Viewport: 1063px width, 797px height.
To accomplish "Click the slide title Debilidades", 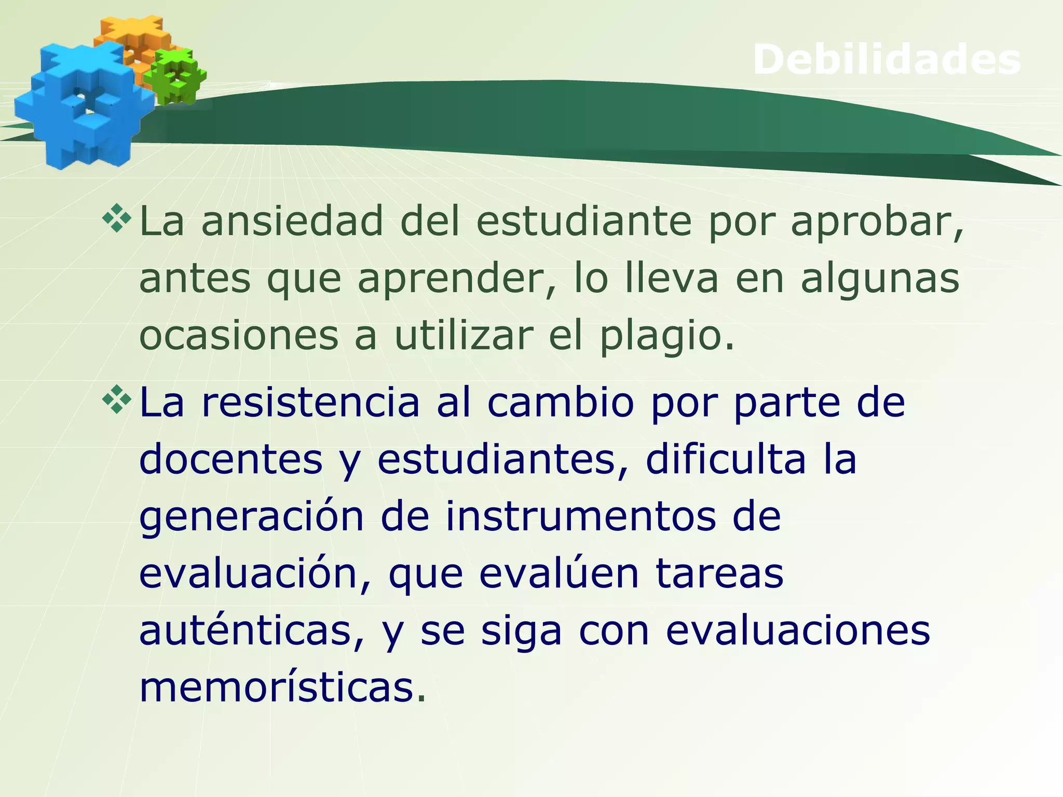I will [x=887, y=60].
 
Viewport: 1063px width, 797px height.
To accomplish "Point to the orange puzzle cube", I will [x=132, y=39].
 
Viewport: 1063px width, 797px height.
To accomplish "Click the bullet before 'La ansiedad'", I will [x=117, y=218].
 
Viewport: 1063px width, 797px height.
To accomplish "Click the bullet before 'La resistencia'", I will [x=117, y=399].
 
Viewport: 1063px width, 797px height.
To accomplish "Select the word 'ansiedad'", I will [x=292, y=222].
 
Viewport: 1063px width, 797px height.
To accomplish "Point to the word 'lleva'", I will [x=672, y=278].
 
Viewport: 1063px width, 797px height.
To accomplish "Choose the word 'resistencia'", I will [x=310, y=403].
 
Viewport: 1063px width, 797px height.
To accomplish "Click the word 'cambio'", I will [x=561, y=403].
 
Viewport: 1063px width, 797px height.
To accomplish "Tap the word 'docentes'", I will [x=231, y=460].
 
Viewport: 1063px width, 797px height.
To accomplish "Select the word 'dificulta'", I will [x=726, y=460].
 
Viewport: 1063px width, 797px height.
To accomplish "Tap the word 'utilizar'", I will [x=464, y=336].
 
